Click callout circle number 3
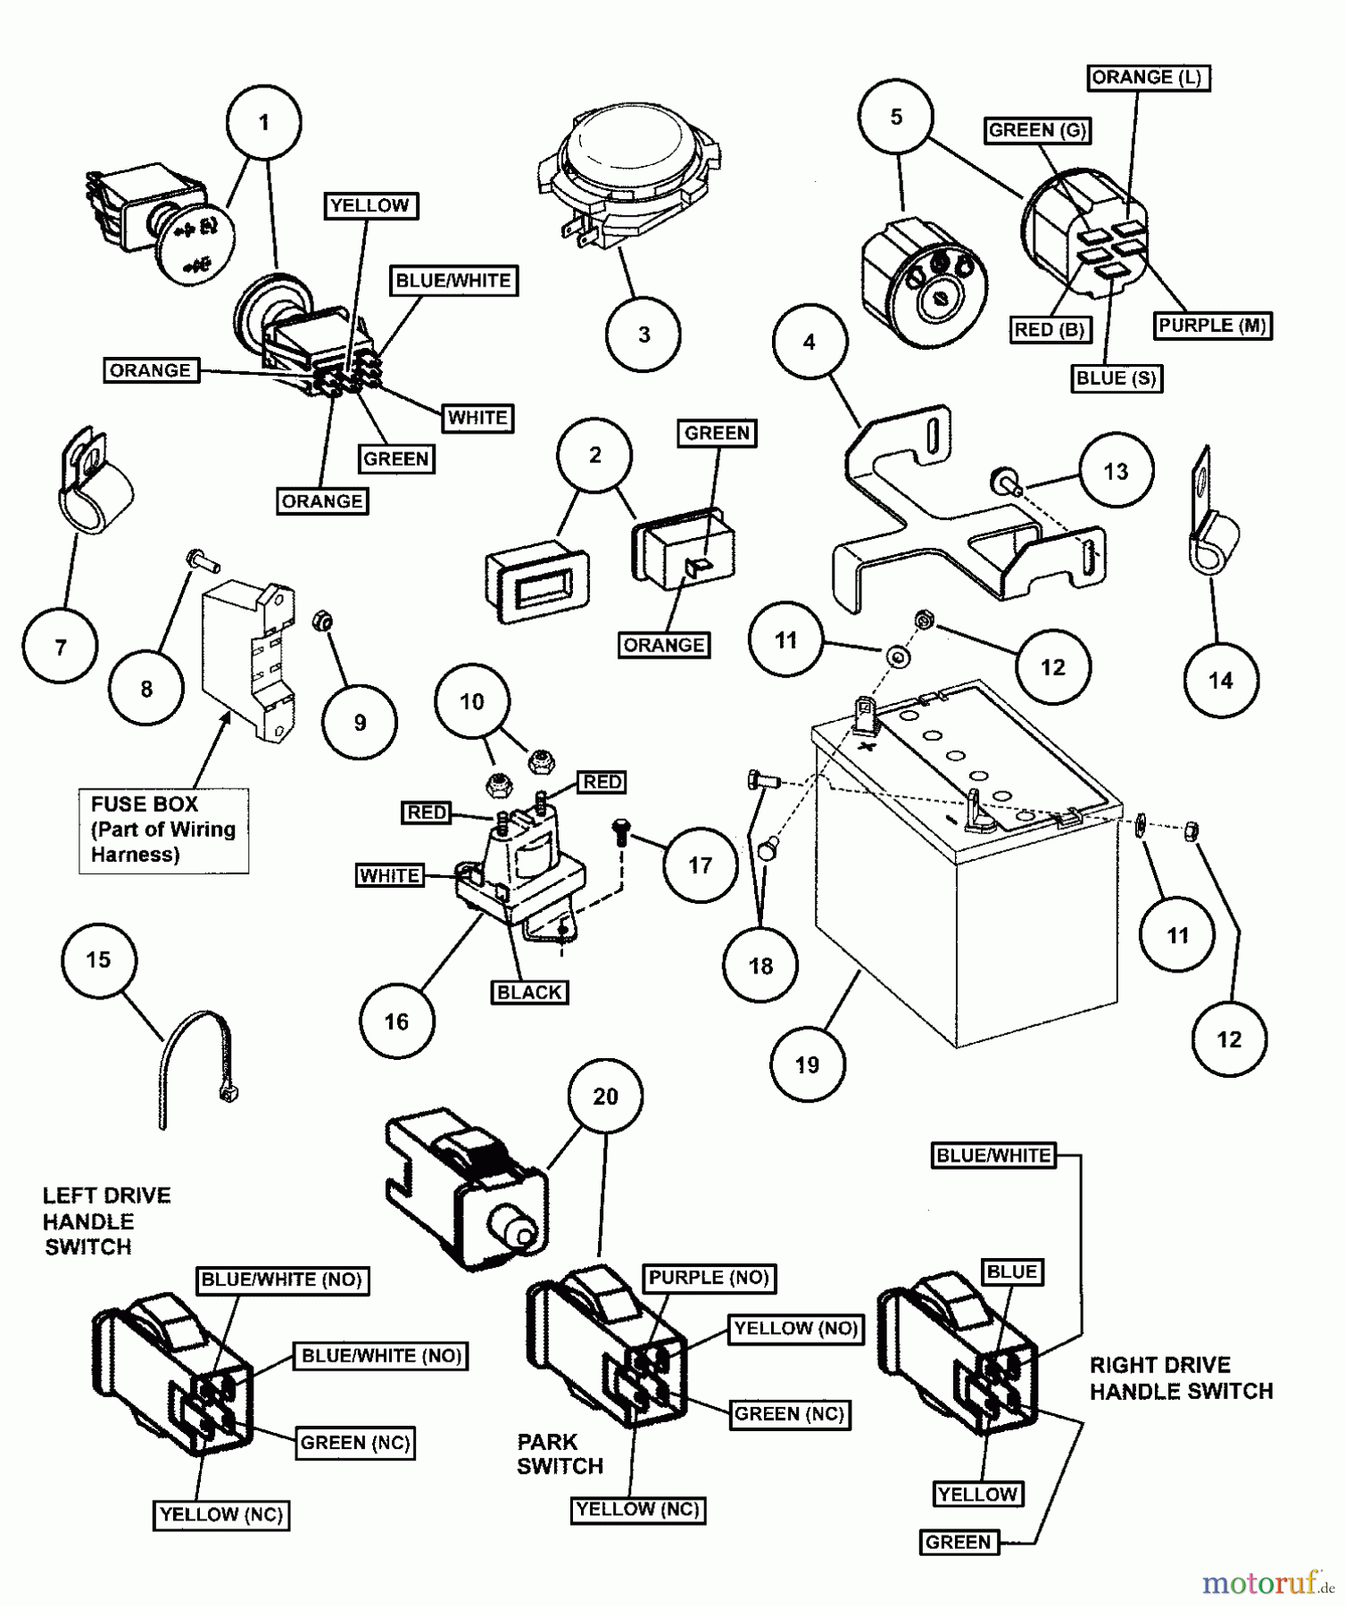643,335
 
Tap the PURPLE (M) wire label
1212,326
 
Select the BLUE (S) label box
1116,378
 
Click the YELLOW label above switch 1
369,206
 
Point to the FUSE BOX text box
163,830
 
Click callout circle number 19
808,1064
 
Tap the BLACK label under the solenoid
529,992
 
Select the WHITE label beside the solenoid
389,875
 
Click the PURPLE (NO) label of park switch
709,1278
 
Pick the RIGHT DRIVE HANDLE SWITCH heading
1181,1378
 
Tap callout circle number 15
98,960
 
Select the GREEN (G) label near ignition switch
1037,130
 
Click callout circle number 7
61,647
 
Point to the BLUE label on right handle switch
1011,1271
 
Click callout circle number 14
1220,681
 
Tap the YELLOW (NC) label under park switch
637,1509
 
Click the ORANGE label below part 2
664,645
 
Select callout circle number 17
700,865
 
